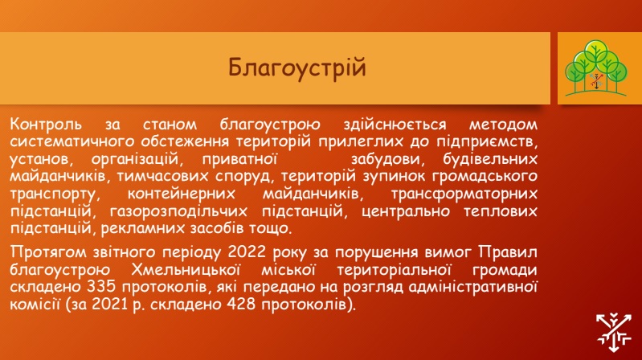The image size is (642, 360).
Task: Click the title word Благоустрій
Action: tap(296, 67)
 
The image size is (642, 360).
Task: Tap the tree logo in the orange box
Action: tap(595, 68)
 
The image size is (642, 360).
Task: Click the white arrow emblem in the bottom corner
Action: tap(613, 333)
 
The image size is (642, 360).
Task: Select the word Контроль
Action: tap(46, 124)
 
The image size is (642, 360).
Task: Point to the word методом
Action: tap(503, 124)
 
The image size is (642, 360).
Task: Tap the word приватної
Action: tap(240, 159)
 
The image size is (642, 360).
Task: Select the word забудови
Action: tap(384, 159)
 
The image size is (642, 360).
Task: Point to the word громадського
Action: tap(485, 177)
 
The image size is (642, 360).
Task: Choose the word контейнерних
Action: tap(182, 194)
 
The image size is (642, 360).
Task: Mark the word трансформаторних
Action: tap(464, 194)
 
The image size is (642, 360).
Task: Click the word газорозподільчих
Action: tap(178, 211)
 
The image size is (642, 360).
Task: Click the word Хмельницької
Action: tap(186, 270)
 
